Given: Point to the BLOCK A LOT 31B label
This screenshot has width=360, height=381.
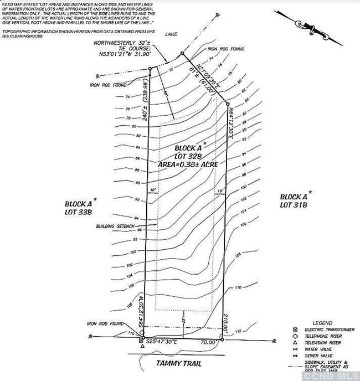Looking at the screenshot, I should click(x=293, y=201).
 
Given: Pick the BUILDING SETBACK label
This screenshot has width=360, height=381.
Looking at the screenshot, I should click(x=115, y=226).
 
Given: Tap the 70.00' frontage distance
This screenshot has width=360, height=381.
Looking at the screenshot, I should click(x=208, y=343).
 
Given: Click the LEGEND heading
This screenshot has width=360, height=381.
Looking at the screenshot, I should click(x=321, y=322).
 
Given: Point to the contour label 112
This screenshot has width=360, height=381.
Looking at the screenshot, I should click(x=238, y=332).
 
